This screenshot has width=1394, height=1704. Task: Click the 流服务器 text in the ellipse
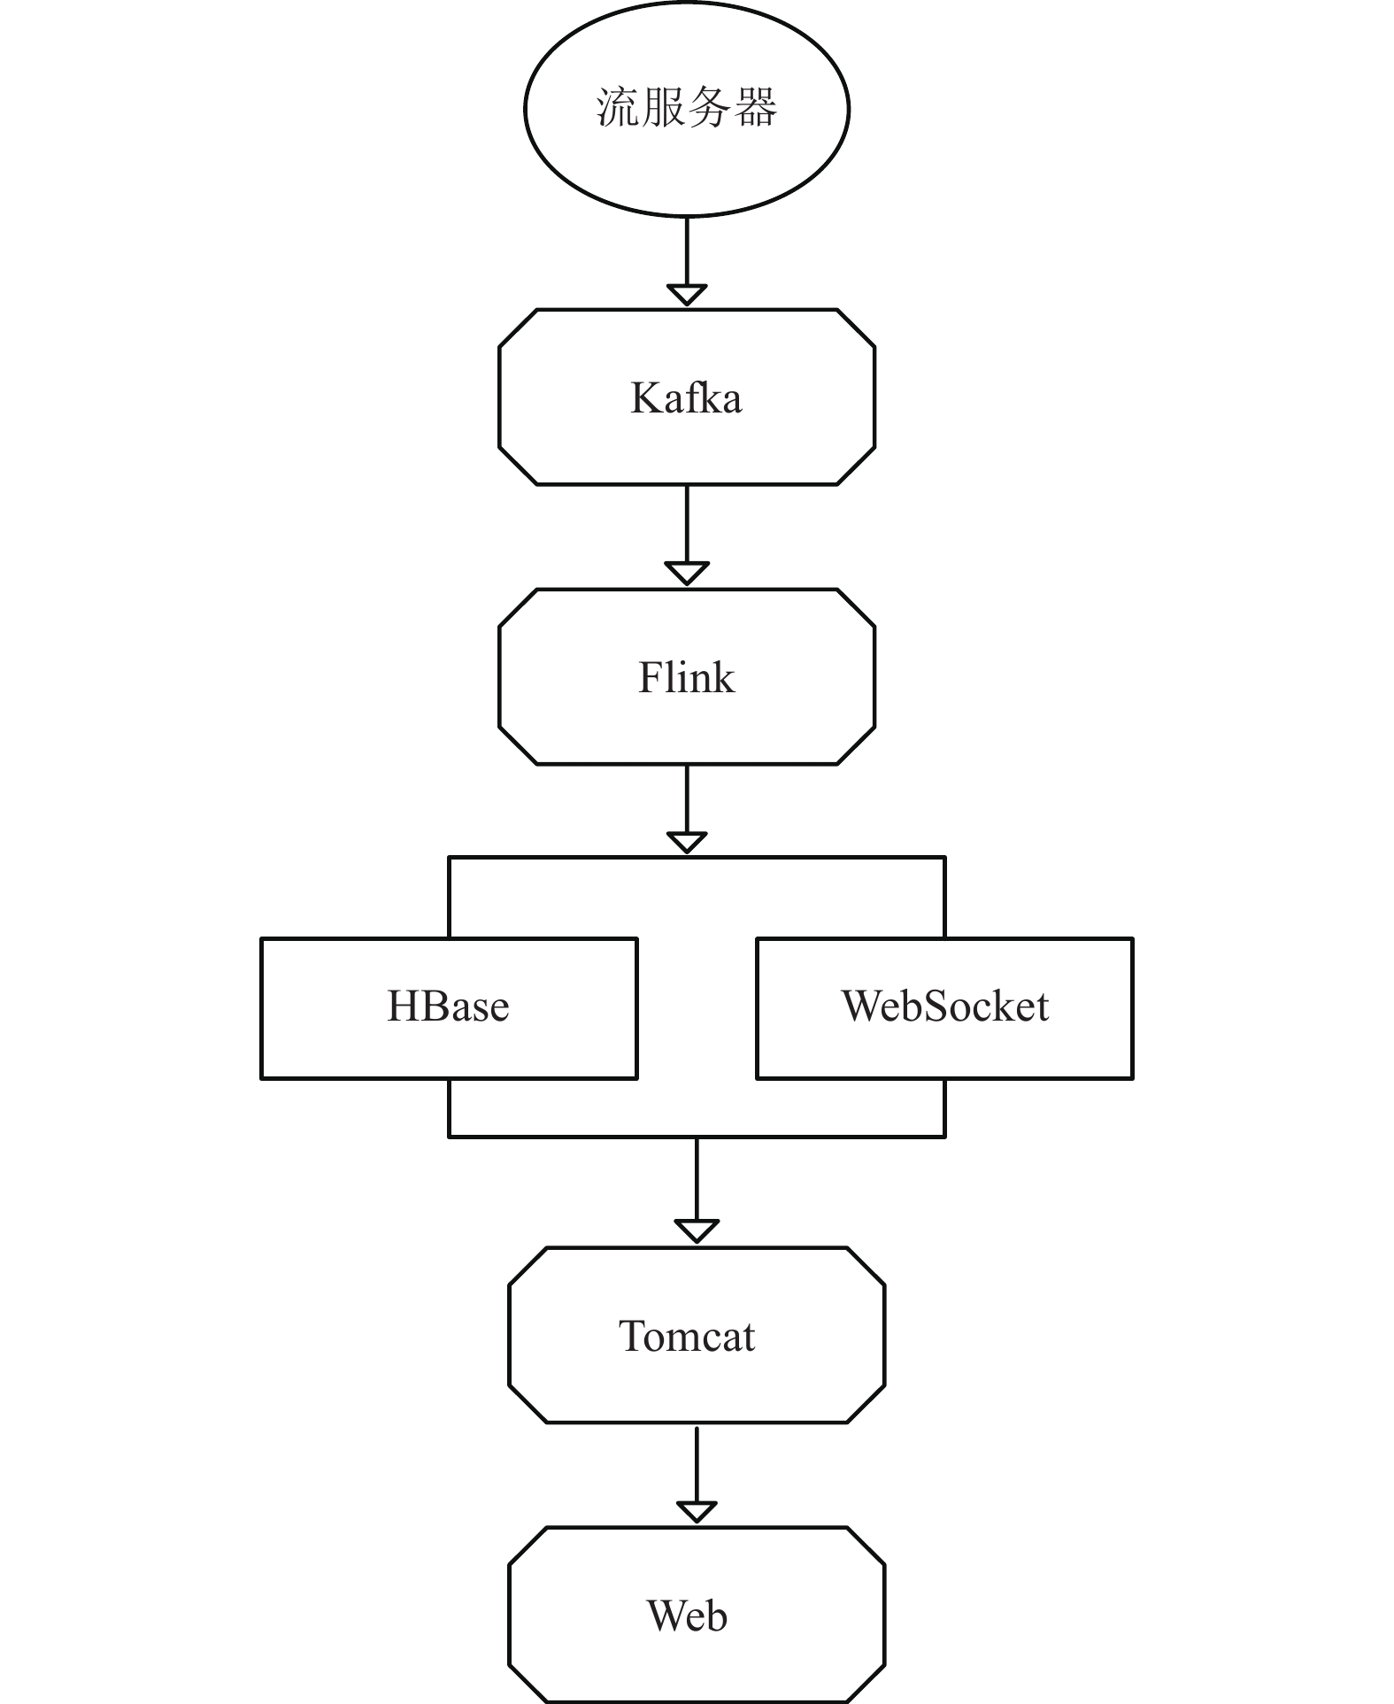(x=686, y=108)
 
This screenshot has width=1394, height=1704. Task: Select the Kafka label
(x=686, y=397)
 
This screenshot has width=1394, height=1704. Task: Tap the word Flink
(x=686, y=677)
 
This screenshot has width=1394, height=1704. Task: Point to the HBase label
(x=449, y=1006)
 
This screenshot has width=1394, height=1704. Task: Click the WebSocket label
(x=945, y=1006)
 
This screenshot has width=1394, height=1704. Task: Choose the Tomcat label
(x=687, y=1336)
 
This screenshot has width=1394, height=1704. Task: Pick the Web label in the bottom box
(x=687, y=1615)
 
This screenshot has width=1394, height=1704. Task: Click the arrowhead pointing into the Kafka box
(x=687, y=295)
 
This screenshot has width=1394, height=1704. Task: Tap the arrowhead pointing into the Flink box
(x=687, y=574)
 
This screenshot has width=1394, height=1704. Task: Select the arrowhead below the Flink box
(x=687, y=843)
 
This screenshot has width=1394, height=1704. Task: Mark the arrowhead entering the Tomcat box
(x=697, y=1231)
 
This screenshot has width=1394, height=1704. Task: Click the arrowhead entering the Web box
(x=697, y=1512)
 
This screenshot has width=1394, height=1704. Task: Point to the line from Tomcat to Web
(x=697, y=1464)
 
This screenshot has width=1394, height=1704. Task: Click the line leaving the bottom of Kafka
(x=687, y=524)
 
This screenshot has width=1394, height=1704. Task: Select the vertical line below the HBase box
(x=450, y=1107)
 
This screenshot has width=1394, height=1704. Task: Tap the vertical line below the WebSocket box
(x=945, y=1107)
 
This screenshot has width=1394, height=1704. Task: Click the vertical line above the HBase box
(x=450, y=898)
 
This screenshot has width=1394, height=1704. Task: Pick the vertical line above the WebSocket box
(x=945, y=898)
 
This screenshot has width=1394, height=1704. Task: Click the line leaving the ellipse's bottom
(x=687, y=251)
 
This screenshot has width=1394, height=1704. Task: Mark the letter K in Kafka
(x=645, y=397)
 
